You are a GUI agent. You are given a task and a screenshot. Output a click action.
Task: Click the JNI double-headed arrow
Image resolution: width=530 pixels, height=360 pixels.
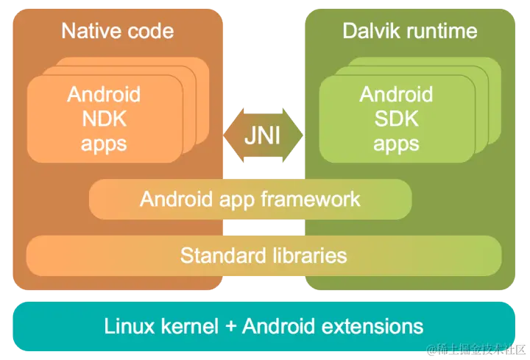coord(263,136)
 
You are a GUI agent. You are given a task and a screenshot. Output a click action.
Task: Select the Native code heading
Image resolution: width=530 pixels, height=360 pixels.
coord(118,31)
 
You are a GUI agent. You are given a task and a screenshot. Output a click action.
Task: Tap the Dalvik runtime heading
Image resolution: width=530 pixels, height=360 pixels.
coord(410,31)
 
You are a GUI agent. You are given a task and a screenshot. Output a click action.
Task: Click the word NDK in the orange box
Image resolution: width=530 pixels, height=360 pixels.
coord(104,119)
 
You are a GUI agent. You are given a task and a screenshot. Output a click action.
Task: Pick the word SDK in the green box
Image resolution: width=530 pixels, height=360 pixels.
coord(396,119)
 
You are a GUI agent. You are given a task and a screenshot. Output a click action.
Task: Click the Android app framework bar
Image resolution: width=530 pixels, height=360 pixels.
coord(250,199)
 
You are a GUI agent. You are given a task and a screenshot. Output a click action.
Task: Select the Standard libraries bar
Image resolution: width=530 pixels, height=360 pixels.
coord(264,255)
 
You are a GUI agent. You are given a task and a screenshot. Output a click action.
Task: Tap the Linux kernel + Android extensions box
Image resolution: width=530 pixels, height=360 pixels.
coord(264,326)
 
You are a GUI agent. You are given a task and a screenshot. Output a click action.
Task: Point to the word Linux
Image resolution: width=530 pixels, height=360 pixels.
coord(128,326)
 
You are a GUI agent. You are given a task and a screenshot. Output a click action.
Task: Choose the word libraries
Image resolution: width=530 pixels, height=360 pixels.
coord(308,255)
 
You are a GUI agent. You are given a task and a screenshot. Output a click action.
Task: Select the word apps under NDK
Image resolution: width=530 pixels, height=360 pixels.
coord(104,143)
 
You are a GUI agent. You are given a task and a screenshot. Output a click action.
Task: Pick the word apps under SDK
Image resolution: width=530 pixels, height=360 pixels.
coord(396,143)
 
